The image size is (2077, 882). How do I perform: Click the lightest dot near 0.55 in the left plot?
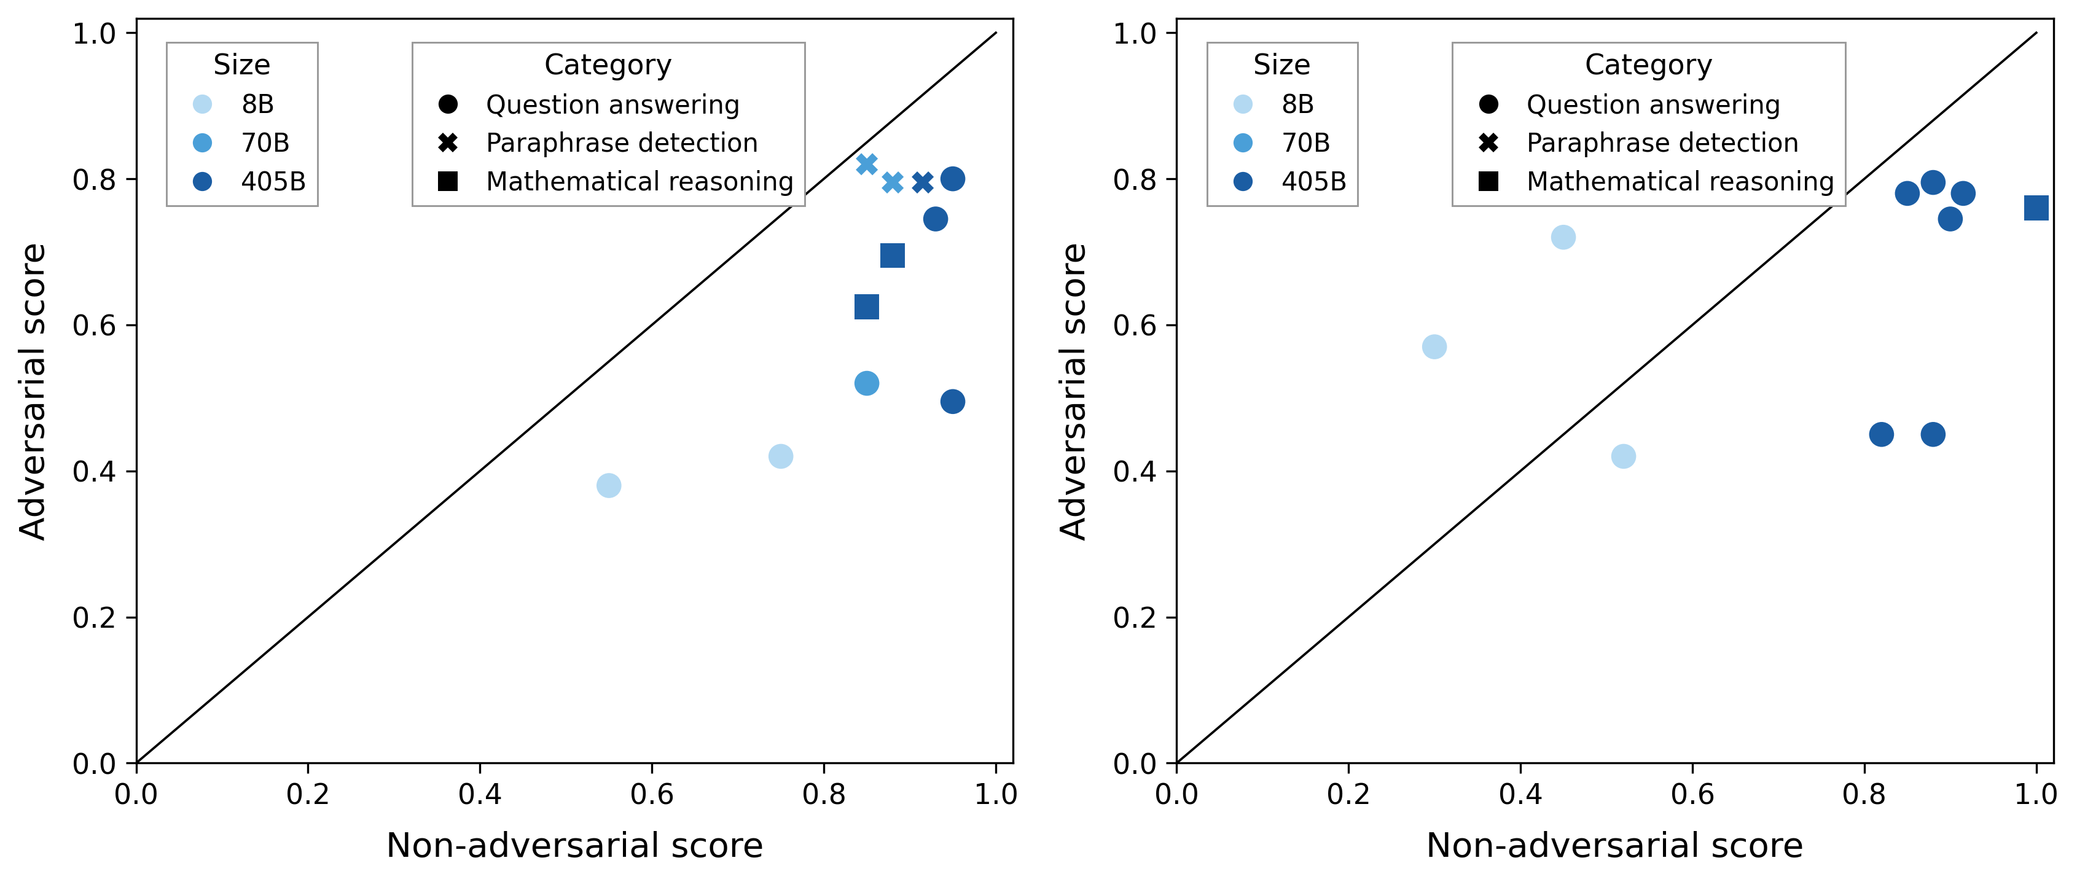(609, 485)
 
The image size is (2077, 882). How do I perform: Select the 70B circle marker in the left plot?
(866, 383)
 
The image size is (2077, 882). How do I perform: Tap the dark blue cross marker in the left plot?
(923, 183)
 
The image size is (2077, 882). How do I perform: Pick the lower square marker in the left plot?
(866, 306)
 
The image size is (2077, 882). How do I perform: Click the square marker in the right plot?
(2035, 208)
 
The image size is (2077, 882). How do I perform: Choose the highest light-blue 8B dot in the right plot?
(1563, 237)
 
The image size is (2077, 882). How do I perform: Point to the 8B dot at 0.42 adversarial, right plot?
(1623, 456)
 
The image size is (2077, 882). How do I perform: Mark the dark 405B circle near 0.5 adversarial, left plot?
(952, 402)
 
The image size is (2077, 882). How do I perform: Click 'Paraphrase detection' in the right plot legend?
(1662, 142)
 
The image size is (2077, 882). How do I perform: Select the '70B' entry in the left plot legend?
(265, 142)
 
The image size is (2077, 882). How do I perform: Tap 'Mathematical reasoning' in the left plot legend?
(640, 181)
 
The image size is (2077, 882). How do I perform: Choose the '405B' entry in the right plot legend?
(1313, 181)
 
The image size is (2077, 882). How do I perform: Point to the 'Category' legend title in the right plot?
(1648, 64)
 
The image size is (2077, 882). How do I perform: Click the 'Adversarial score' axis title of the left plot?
(33, 391)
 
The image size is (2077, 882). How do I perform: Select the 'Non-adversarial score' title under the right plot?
(1614, 846)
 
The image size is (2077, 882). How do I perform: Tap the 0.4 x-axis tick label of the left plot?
(480, 795)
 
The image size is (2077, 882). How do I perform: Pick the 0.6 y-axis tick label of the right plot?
(1135, 326)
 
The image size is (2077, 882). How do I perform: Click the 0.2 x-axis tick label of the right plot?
(1348, 795)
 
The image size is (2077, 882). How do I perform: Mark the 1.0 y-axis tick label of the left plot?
(95, 34)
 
